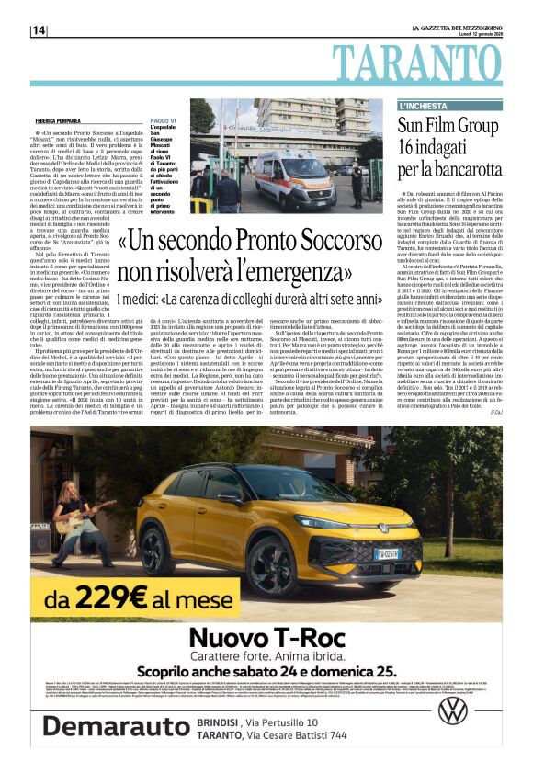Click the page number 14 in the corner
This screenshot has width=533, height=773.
(x=39, y=30)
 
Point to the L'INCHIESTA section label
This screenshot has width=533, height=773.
(x=420, y=107)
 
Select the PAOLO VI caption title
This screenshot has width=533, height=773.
(x=163, y=120)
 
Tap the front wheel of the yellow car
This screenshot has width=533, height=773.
(x=278, y=557)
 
